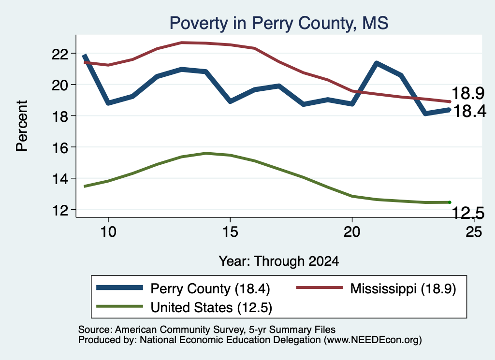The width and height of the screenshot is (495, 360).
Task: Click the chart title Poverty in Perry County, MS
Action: (279, 23)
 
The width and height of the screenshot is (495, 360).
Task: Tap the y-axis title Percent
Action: (22, 126)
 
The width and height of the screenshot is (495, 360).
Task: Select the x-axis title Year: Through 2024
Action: (279, 261)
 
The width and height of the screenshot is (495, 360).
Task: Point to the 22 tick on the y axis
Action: (60, 54)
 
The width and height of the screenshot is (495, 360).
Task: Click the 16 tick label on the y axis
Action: (60, 148)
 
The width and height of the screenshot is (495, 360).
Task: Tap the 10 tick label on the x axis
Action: (108, 232)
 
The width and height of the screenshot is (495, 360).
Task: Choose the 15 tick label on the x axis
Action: (230, 232)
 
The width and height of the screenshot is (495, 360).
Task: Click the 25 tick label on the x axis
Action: (474, 232)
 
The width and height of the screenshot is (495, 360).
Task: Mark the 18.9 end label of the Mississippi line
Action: (468, 93)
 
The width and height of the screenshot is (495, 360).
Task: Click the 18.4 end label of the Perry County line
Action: (469, 111)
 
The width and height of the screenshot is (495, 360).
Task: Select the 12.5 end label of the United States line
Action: (468, 213)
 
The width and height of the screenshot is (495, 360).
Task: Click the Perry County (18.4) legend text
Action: (210, 288)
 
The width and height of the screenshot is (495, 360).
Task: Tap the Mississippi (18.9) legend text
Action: (403, 288)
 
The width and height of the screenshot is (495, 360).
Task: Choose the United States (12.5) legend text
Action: (211, 308)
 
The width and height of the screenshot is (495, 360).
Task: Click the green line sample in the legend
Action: (120, 306)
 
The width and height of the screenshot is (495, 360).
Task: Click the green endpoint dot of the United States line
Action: (450, 202)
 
